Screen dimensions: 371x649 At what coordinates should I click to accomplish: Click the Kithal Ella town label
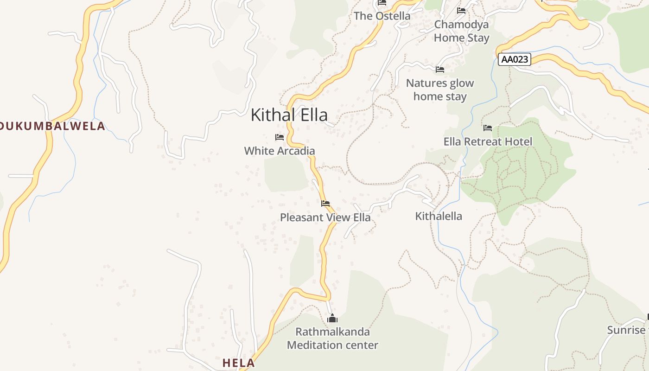click(x=289, y=115)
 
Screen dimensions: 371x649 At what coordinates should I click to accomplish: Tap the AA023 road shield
click(x=514, y=59)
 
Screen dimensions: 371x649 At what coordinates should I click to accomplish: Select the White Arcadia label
click(x=279, y=151)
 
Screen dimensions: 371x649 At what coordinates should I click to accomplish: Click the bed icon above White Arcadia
click(x=279, y=137)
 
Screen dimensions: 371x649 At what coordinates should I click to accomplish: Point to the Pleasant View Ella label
click(x=325, y=217)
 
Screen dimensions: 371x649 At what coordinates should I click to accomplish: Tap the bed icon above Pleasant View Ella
click(x=325, y=204)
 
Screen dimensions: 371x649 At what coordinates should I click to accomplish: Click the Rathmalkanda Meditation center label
click(x=332, y=339)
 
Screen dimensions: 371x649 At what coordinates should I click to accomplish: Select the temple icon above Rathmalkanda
click(x=332, y=318)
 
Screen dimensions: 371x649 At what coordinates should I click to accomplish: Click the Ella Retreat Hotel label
click(x=488, y=141)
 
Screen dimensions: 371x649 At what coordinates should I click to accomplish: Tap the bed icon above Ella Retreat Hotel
click(x=488, y=128)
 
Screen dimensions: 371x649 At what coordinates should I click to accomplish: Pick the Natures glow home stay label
click(x=440, y=90)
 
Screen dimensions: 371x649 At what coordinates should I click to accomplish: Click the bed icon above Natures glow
click(x=440, y=70)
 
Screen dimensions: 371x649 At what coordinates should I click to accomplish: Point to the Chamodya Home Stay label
click(x=461, y=31)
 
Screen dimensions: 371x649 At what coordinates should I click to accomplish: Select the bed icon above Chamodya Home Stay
click(x=461, y=10)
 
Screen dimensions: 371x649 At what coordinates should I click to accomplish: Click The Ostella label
click(x=382, y=16)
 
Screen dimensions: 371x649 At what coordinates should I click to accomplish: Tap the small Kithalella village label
click(x=439, y=216)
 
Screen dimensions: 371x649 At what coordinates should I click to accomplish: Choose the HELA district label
click(x=238, y=363)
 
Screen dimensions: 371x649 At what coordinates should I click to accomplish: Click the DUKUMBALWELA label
click(x=52, y=126)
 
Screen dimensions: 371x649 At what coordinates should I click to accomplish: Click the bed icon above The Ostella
click(x=382, y=2)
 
